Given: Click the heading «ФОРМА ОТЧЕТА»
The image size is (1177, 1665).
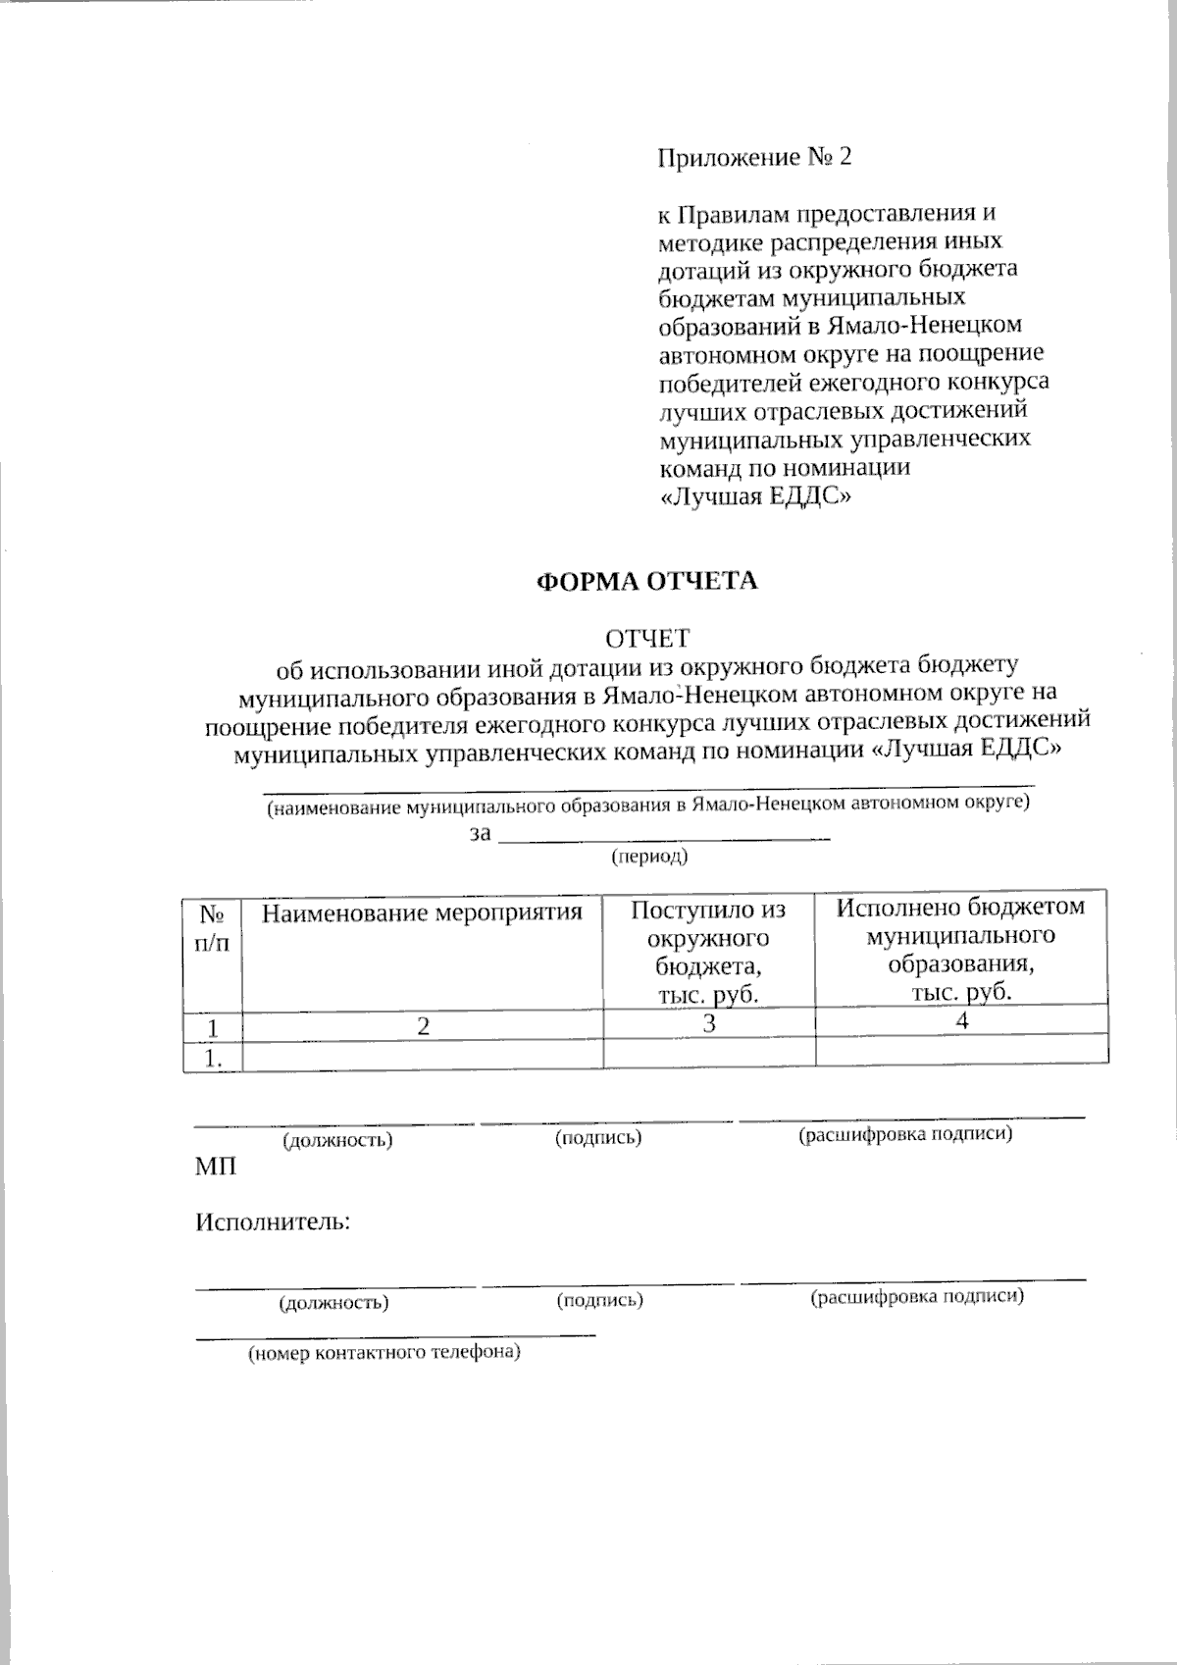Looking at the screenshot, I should click(646, 581).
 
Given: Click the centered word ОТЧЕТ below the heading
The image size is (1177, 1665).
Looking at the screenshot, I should click(646, 639).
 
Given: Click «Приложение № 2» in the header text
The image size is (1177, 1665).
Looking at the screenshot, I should click(754, 157).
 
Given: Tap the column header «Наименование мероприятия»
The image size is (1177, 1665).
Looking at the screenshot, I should click(422, 913).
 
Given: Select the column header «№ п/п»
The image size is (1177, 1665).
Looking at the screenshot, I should click(213, 927).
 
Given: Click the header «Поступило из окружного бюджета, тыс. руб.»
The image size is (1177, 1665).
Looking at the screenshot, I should click(708, 951).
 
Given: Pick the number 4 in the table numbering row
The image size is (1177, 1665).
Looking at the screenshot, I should click(962, 1020).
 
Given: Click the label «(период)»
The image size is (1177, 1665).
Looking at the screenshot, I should click(649, 857).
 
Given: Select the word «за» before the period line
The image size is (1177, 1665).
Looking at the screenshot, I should click(480, 834).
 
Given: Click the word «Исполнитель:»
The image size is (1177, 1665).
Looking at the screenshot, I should click(274, 1223).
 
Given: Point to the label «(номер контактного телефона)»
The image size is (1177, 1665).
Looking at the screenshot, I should click(383, 1354).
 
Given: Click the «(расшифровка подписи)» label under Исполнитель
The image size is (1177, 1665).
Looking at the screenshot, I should click(917, 1297).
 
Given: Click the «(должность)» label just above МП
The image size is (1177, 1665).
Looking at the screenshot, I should click(337, 1140).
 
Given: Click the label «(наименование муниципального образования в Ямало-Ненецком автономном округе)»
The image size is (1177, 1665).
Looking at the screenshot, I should click(648, 806).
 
